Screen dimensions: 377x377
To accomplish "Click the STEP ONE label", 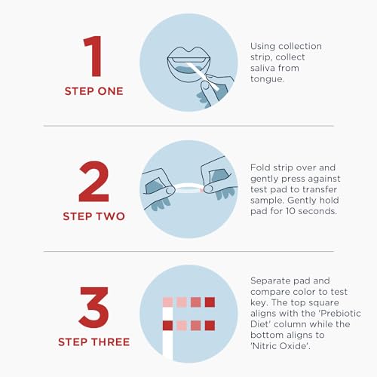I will point(94,92).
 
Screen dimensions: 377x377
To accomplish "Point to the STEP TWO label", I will point(94,216).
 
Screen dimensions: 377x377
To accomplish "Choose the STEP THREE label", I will point(94,342).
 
